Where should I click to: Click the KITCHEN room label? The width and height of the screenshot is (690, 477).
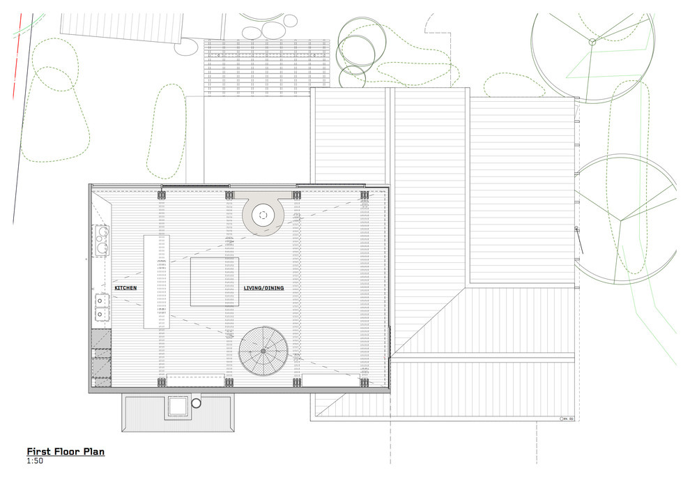coord(125,287)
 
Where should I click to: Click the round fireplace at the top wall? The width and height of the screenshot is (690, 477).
coord(263,214)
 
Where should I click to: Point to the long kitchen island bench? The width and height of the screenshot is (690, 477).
coord(157,282)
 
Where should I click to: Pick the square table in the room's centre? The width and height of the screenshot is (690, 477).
coord(215,282)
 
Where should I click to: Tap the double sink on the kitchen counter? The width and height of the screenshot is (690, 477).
coord(102,307)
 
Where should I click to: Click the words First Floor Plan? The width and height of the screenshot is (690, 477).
coord(66,452)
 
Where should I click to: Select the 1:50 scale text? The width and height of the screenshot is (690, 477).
coord(34,461)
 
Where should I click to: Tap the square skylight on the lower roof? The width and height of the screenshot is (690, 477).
coord(176,407)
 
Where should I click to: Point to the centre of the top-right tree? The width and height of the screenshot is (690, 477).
coord(592,42)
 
